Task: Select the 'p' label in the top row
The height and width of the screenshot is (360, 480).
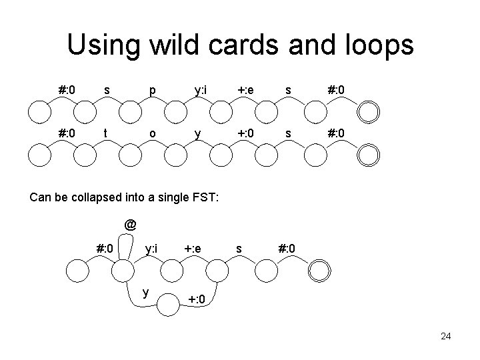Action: [x=153, y=89]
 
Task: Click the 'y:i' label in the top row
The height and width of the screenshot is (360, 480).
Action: [x=199, y=89]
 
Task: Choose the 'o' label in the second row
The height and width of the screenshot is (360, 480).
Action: [x=153, y=133]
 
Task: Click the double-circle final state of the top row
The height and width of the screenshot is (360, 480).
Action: [x=368, y=111]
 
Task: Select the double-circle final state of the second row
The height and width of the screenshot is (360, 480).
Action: [x=368, y=155]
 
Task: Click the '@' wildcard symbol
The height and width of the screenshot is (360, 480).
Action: [x=130, y=225]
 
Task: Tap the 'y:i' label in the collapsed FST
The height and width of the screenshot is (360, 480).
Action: [x=151, y=249]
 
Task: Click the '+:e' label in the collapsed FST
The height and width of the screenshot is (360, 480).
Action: [x=193, y=249]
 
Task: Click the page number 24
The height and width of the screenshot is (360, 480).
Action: [x=445, y=336]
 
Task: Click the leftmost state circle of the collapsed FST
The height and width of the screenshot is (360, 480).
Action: [x=77, y=271]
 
